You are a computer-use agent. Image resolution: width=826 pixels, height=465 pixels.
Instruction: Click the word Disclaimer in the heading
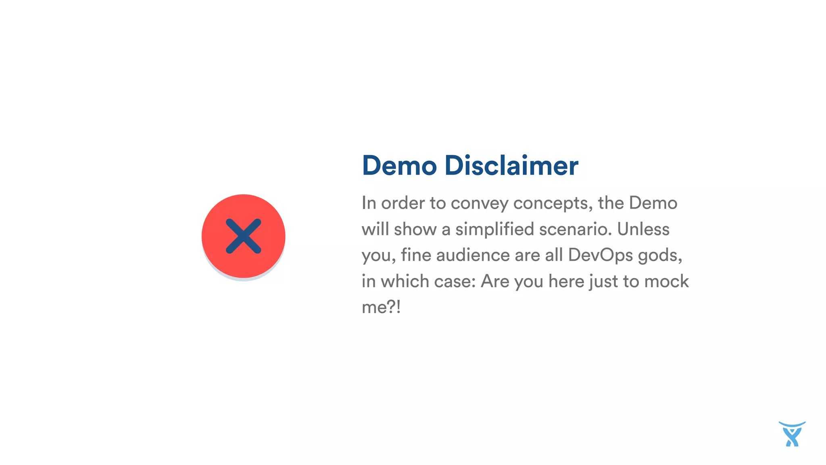tap(511, 165)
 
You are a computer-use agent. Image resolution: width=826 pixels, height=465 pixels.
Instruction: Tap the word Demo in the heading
tap(399, 165)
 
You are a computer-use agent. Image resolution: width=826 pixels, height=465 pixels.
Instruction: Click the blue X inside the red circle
tap(244, 237)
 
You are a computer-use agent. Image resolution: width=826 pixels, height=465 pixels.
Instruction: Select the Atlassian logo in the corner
tap(792, 434)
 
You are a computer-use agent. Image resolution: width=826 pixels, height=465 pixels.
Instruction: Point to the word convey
tap(480, 203)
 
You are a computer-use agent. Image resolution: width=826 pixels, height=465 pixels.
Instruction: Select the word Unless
tap(643, 229)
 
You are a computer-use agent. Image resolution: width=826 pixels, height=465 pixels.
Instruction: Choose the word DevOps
tap(601, 256)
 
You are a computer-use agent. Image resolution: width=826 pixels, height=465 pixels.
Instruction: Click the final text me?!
tap(381, 307)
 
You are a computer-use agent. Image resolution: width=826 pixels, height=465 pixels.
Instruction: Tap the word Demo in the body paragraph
tap(653, 203)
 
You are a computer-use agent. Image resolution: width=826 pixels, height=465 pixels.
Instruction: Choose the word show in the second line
tap(415, 229)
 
